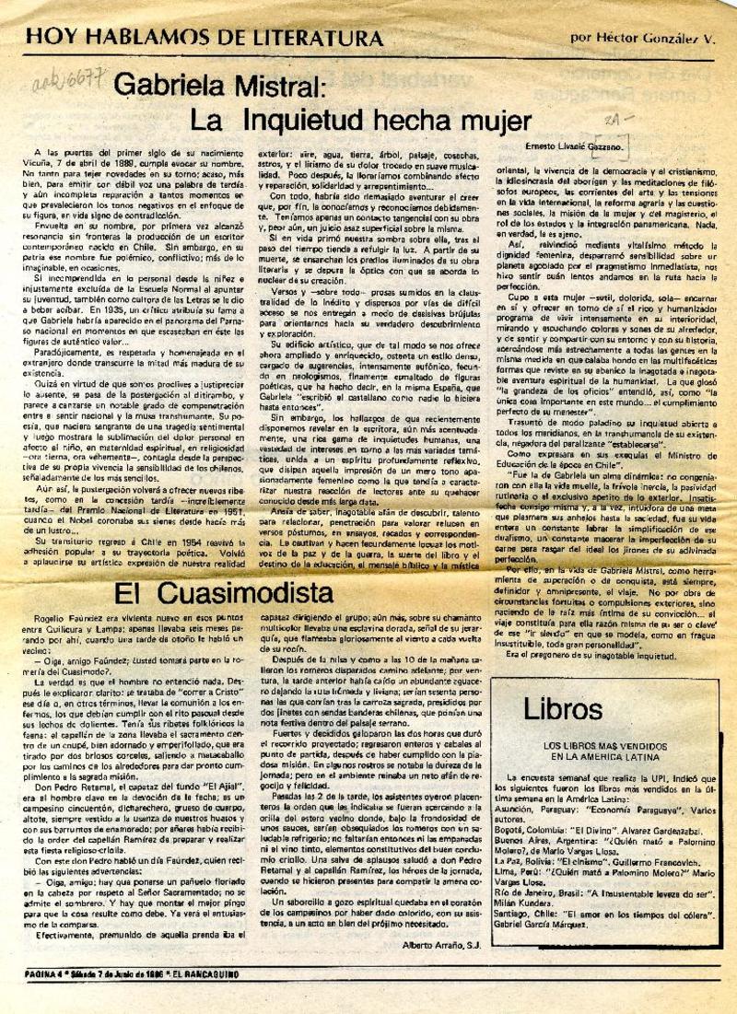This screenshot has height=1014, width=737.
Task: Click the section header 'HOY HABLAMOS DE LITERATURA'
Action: pyautogui.click(x=205, y=38)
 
